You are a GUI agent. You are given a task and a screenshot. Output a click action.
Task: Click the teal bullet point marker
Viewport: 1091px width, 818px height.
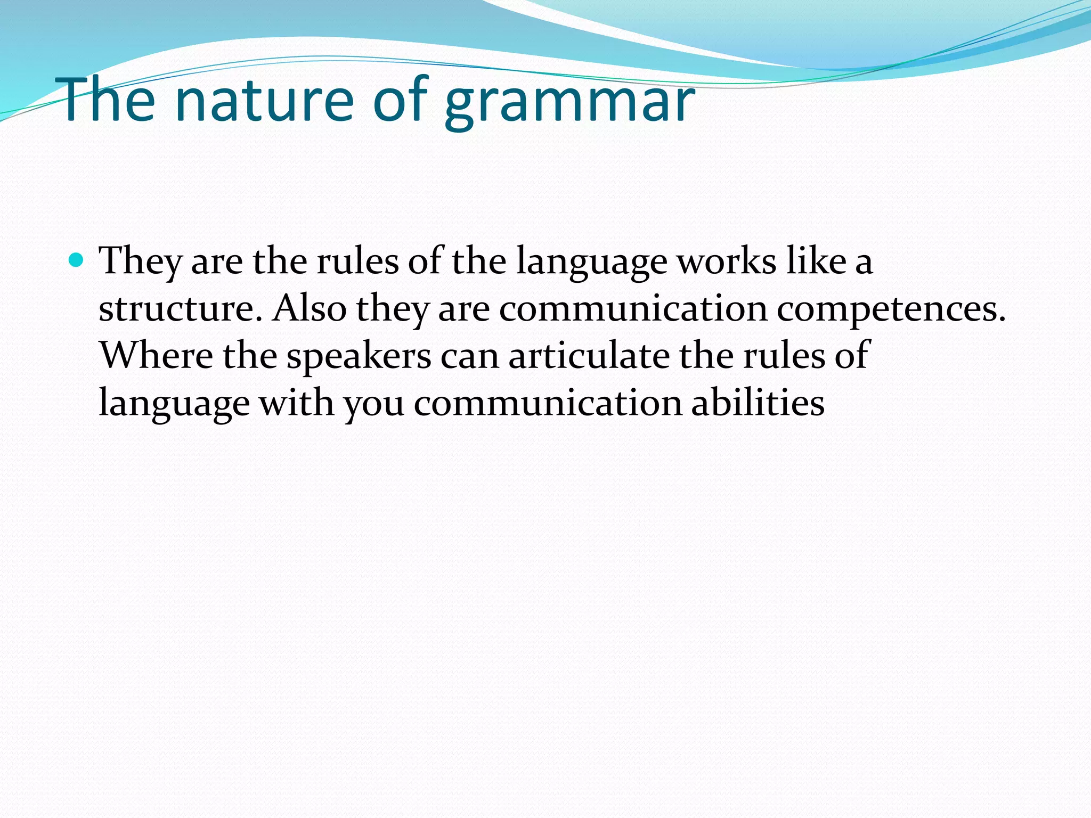(77, 260)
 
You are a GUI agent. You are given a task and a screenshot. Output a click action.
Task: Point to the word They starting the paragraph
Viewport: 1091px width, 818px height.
(141, 263)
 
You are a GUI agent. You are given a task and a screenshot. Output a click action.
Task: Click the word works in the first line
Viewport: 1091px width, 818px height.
(727, 261)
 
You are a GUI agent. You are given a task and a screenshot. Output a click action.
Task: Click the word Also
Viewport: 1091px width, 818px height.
(309, 308)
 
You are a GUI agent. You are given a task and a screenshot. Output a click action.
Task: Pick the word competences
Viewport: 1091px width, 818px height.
(891, 309)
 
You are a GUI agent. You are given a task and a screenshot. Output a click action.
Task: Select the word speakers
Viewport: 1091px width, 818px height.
(359, 356)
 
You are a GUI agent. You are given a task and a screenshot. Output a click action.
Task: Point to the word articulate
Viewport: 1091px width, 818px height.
(589, 355)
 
